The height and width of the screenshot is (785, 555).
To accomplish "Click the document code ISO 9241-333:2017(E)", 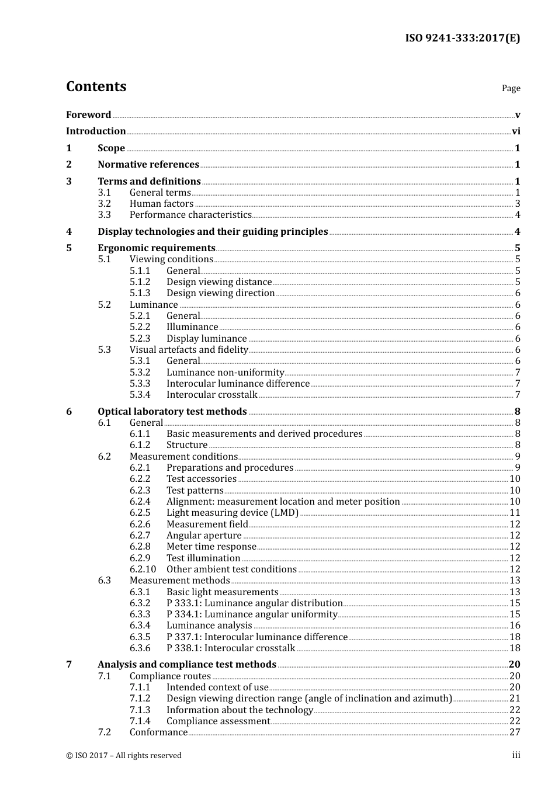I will click(x=462, y=38).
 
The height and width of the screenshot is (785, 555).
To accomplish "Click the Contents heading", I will click(x=96, y=86).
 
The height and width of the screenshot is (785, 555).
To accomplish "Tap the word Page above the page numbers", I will click(x=511, y=88).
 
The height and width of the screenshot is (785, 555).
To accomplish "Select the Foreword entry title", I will click(x=88, y=114).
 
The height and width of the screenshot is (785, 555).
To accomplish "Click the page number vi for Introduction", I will click(x=516, y=131).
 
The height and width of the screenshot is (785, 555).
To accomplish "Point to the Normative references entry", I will click(x=148, y=165).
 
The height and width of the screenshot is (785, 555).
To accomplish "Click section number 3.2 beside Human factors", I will click(x=104, y=204).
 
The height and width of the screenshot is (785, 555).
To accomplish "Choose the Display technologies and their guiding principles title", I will click(x=213, y=232).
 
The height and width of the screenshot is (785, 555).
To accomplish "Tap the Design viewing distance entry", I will click(x=219, y=282).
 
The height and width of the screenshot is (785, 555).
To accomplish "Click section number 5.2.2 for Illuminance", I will click(x=140, y=327).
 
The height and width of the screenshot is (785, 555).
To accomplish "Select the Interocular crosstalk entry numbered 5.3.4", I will click(x=211, y=395).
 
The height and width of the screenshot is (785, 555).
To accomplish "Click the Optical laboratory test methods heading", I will click(x=172, y=412).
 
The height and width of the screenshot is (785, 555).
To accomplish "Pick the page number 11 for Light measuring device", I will click(x=515, y=513).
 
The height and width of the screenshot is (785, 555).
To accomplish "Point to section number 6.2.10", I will click(x=143, y=569).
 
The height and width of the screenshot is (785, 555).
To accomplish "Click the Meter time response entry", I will click(x=211, y=547).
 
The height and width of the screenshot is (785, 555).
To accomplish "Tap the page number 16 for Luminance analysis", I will click(x=515, y=626).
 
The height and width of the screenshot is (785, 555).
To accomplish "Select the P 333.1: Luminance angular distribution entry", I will click(x=254, y=603).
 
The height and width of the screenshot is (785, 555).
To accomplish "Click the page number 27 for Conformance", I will click(x=515, y=732).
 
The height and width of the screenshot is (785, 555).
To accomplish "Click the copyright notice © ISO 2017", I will click(x=124, y=756).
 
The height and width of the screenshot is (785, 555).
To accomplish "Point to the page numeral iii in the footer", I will click(x=516, y=755).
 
